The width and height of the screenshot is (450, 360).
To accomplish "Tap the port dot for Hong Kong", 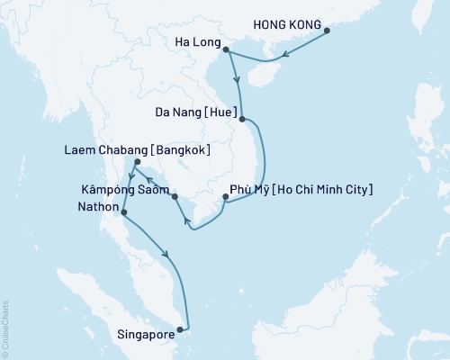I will (x=326, y=31).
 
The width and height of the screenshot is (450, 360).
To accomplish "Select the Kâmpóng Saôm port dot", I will (x=175, y=196).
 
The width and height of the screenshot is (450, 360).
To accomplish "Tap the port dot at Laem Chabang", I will (x=136, y=163).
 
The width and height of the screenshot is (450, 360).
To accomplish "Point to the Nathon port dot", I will (x=123, y=213).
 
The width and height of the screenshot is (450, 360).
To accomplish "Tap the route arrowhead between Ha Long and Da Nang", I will (x=237, y=83).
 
